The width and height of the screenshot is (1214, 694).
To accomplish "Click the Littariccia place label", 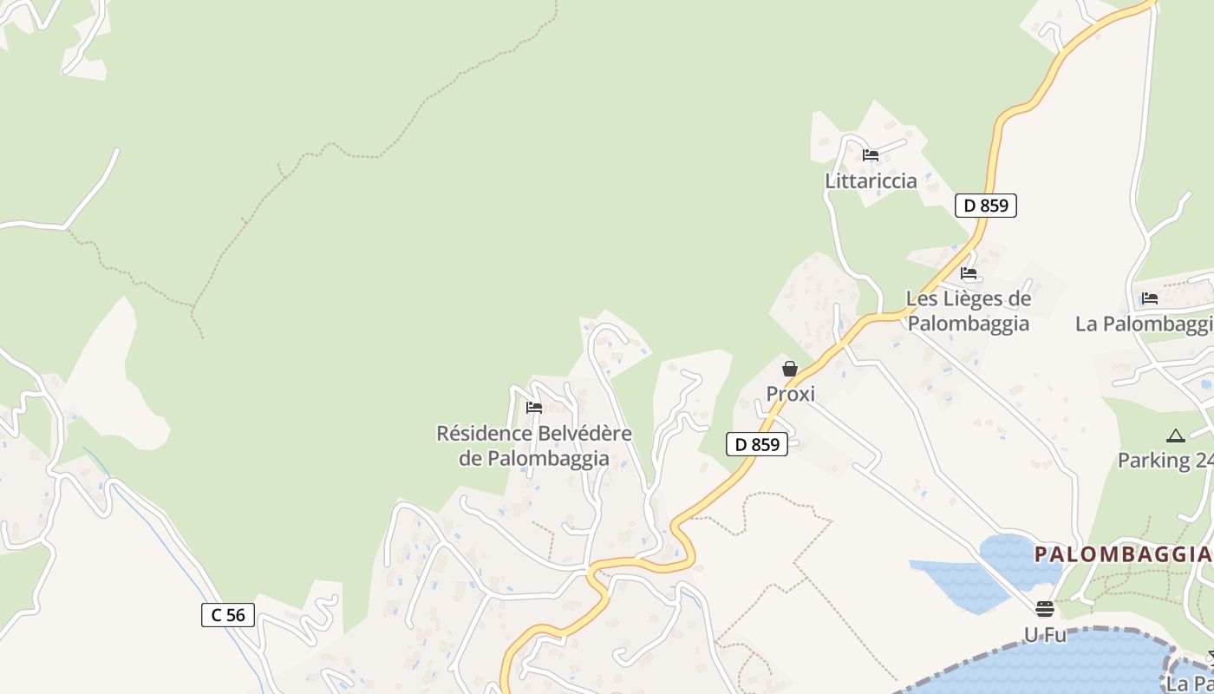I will coord(871,180).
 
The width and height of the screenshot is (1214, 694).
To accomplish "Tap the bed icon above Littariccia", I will coord(871,155).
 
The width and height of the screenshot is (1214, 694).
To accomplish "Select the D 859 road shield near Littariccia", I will coord(986,206).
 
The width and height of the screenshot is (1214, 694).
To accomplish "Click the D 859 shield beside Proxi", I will coord(757,444).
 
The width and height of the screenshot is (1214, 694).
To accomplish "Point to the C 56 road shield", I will coord(229,615).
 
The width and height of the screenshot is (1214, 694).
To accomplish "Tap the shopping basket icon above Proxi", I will coord(790,369).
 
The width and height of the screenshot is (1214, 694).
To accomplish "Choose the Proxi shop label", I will coord(790,394).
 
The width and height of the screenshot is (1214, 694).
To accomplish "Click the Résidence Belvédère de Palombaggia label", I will coord(534,445).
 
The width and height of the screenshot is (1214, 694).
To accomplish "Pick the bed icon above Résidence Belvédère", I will coord(534,407).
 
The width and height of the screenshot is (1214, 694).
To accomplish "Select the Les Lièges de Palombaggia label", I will coord(969,311).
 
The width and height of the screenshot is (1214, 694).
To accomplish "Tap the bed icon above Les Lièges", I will coord(969,273).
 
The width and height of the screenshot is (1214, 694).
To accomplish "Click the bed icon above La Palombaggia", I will coord(1150,298).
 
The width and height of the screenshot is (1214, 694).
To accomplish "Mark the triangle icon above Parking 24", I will coord(1175,435).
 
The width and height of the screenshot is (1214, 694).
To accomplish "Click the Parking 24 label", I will coord(1165,460).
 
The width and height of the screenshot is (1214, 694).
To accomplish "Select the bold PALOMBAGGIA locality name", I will coord(1122,553).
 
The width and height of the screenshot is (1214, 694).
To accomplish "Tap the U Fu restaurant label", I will coord(1045,634).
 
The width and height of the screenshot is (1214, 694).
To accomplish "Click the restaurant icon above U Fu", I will coord(1045,608).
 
